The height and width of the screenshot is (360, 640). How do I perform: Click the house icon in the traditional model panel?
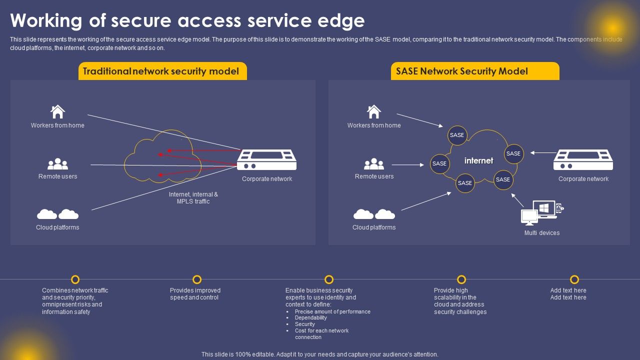[x=58, y=111]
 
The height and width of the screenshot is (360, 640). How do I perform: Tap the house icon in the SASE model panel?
[x=374, y=111]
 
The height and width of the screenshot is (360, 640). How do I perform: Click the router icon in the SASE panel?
[x=583, y=160]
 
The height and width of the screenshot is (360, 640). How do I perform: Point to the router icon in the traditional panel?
[x=266, y=160]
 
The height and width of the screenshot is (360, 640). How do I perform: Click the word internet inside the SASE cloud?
[x=478, y=160]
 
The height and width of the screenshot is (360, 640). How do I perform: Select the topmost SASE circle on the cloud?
[x=457, y=135]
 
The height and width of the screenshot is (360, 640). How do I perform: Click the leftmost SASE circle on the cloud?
[x=439, y=163]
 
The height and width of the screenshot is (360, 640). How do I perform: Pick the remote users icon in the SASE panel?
[x=374, y=164]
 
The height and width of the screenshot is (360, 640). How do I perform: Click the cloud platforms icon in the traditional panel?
[x=58, y=214]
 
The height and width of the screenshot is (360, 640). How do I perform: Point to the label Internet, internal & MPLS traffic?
[x=193, y=197]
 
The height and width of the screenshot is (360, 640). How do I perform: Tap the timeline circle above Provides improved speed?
[x=197, y=279]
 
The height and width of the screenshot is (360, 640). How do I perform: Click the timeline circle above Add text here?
[x=574, y=279]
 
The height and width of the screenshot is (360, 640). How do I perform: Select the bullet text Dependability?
[x=310, y=318]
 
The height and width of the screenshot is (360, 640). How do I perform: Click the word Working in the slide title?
[x=45, y=20]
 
